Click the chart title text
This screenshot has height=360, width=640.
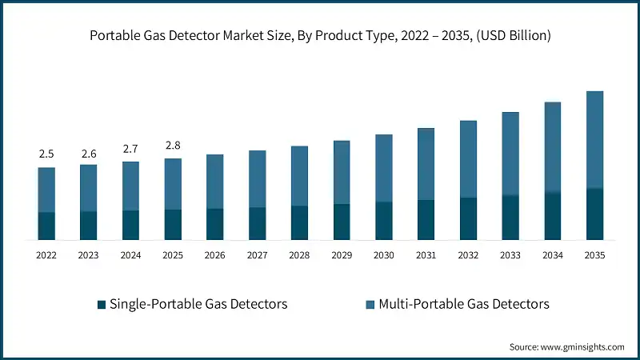[x=320, y=35]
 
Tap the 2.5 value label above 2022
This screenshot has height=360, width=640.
[x=46, y=154]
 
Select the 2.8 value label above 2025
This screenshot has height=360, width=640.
[x=173, y=145]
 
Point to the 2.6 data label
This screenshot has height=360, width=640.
[x=88, y=151]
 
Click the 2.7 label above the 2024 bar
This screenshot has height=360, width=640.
[x=130, y=148]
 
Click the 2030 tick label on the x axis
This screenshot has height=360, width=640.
[x=384, y=255]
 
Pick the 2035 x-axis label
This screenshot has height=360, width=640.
[x=595, y=255]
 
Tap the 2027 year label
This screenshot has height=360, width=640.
[x=258, y=255]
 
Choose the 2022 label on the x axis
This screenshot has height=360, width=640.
[x=46, y=255]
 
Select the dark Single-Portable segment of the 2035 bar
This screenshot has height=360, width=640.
[x=595, y=214]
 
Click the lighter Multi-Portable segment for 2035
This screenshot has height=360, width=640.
[x=595, y=140]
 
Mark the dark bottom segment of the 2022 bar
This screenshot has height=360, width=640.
[x=46, y=226]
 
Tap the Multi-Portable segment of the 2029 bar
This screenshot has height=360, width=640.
[x=342, y=172]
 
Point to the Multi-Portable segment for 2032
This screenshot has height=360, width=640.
[x=468, y=159]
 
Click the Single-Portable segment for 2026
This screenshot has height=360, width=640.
[x=215, y=224]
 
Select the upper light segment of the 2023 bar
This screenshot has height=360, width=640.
[x=88, y=188]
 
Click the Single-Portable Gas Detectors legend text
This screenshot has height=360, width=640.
[x=198, y=304]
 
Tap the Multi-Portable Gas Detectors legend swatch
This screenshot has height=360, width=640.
[x=370, y=305]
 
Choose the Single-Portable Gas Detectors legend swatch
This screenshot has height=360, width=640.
[x=101, y=305]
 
